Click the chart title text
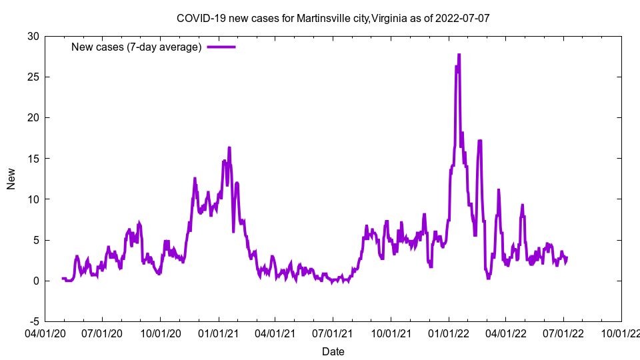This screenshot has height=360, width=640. coord(333,18)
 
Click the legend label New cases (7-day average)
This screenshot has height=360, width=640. coord(136,47)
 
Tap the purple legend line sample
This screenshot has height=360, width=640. coord(221,47)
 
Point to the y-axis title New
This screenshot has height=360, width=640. coord(11,179)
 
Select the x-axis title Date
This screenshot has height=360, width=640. coord(333,351)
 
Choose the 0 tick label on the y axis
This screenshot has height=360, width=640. coord(36,281)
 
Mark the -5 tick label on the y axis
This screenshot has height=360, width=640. coord(34,321)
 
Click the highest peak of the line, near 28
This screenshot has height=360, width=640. coord(459,55)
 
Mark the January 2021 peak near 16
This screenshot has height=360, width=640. coord(229,148)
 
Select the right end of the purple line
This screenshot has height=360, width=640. coord(567,258)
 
